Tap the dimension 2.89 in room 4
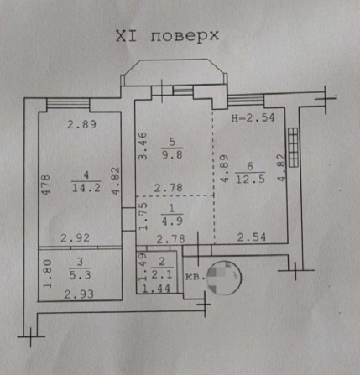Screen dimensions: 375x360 [82, 125]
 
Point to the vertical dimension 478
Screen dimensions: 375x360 [48, 185]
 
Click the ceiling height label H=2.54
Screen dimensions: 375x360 [253, 118]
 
